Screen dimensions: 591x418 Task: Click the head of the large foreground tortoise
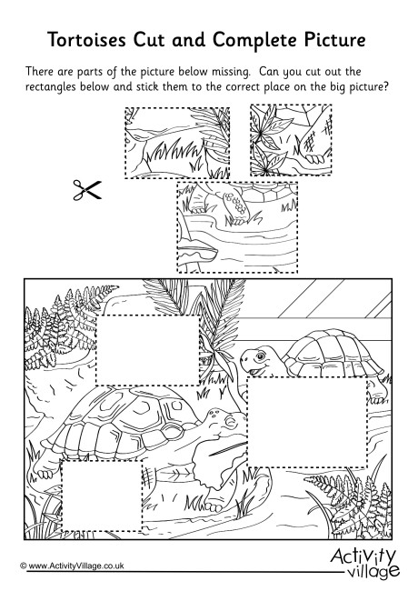click(216, 423)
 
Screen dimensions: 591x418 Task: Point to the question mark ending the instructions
click(388, 86)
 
